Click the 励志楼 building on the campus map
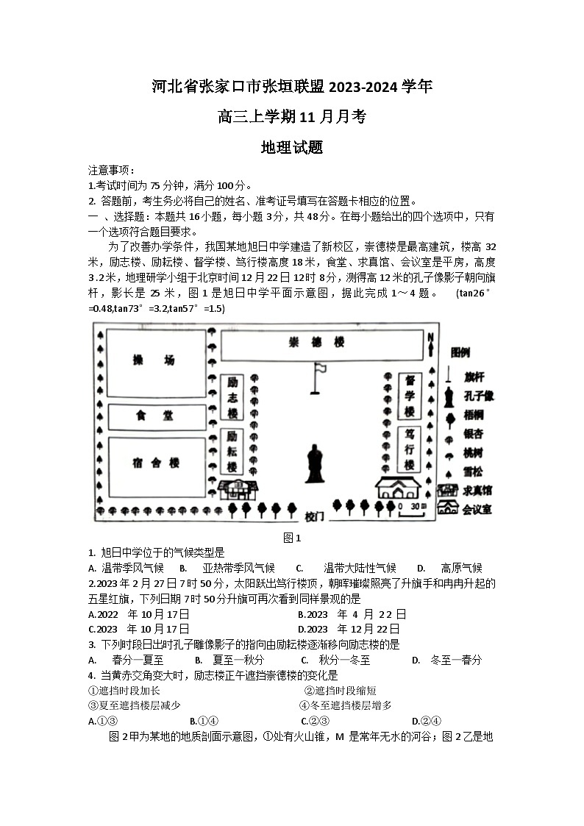point(232,397)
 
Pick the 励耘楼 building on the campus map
point(232,450)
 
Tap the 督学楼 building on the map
point(410,394)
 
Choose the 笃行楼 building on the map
point(409,448)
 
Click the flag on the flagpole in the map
point(321,366)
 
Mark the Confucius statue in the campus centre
point(316,463)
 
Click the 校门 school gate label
point(315,516)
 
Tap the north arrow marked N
point(430,341)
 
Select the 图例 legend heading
point(460,352)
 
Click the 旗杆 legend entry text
point(474,377)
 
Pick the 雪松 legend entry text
point(473,471)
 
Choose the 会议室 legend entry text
point(477,509)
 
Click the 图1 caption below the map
point(293,538)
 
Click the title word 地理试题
point(292,147)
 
